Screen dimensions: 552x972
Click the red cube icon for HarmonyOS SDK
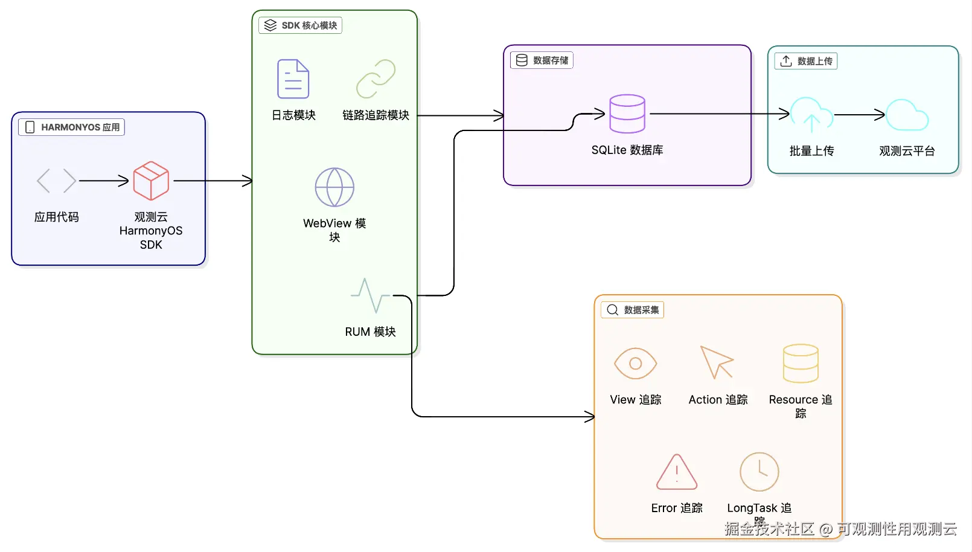pos(151,181)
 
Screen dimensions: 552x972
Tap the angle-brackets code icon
pos(56,181)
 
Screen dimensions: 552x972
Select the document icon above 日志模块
pos(293,79)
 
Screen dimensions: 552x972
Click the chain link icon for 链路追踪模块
pos(376,79)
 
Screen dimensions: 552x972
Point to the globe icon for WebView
pos(334,187)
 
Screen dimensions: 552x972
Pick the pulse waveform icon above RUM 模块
pos(370,295)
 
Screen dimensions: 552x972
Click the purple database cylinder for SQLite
pos(627,114)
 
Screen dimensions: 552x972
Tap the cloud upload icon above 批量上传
pos(811,115)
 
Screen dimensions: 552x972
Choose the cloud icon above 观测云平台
pos(907,115)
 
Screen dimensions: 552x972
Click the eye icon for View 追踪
pos(635,363)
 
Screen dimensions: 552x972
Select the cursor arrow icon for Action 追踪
pos(717,362)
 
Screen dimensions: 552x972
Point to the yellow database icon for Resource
pos(801,363)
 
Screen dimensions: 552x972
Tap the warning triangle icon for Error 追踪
pos(677,472)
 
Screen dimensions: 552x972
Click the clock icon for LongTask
pos(759,472)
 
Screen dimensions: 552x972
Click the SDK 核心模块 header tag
pos(301,25)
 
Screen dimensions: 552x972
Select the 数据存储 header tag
pos(542,60)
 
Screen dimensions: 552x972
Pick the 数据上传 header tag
pos(806,61)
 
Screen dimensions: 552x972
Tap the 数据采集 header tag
pos(633,310)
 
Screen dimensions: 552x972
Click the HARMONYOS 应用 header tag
pos(71,127)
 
